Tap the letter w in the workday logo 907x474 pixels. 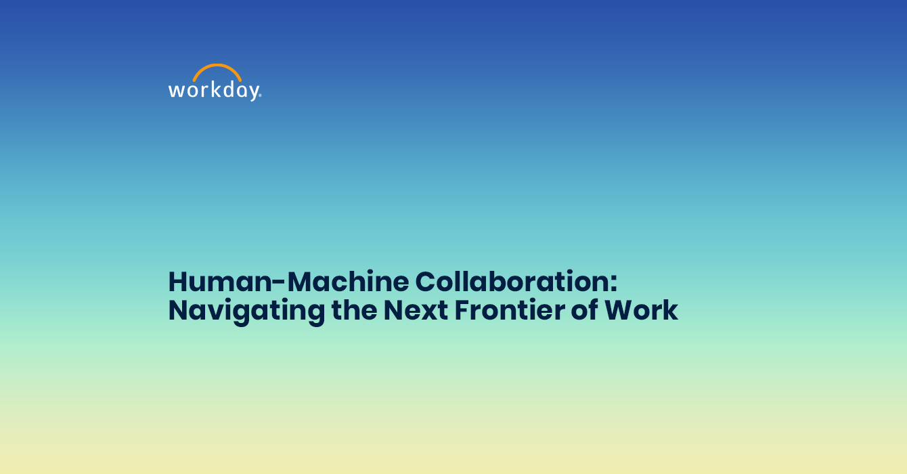click(x=177, y=90)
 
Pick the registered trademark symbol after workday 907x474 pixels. click(x=260, y=95)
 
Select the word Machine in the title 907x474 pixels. click(x=348, y=282)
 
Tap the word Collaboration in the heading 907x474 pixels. click(x=510, y=282)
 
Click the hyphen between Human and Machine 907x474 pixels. click(x=280, y=283)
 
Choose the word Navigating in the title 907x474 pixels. click(x=246, y=311)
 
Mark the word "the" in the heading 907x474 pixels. click(x=354, y=310)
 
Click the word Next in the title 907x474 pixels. click(x=416, y=310)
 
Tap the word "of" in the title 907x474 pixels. click(x=585, y=310)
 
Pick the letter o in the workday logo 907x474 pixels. click(x=193, y=91)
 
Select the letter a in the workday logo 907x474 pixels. click(x=242, y=91)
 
